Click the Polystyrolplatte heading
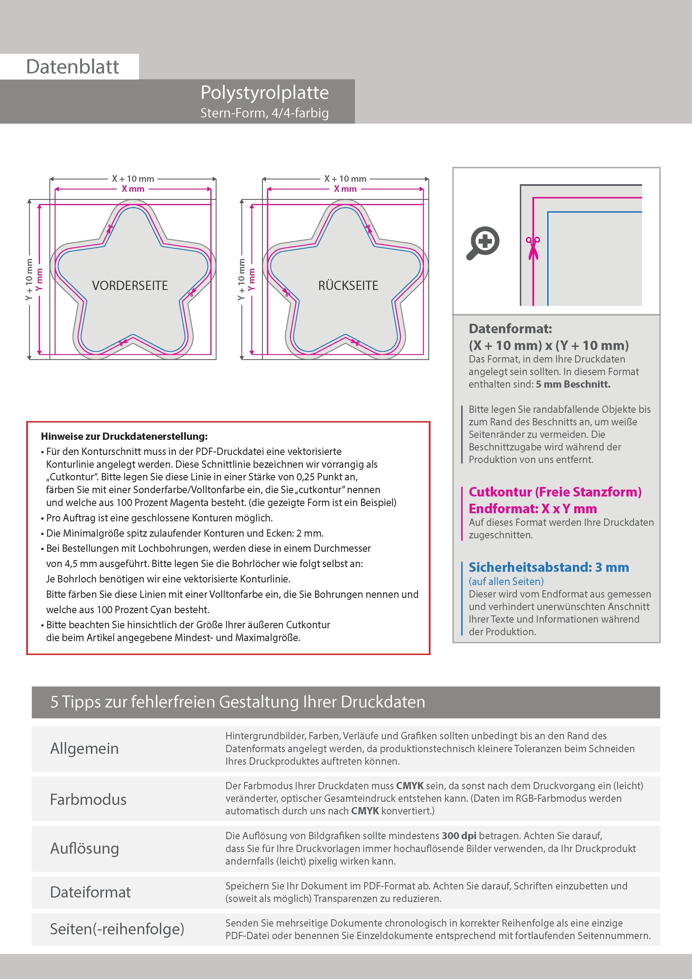(264, 93)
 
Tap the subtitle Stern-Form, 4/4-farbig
(264, 113)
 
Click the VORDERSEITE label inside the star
(130, 286)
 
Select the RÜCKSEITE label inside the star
(348, 286)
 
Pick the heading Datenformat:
(510, 329)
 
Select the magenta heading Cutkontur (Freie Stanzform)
(555, 492)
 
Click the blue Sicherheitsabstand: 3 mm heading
(548, 568)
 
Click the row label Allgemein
(85, 748)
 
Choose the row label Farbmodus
(88, 799)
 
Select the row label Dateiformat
(90, 892)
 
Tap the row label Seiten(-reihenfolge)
(117, 929)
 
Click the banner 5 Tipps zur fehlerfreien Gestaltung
(237, 702)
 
